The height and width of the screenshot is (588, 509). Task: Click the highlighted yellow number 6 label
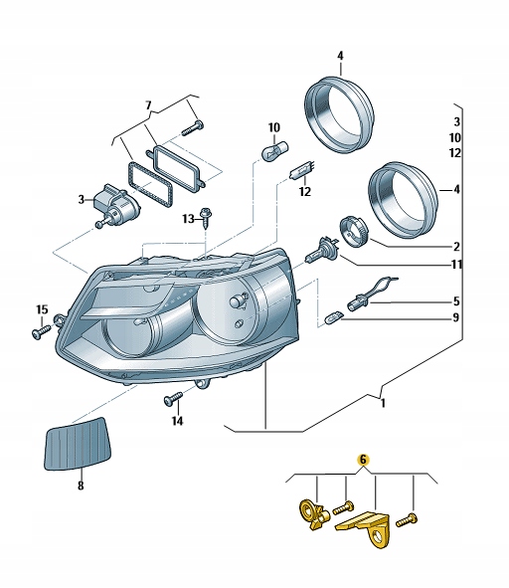pyautogui.click(x=363, y=460)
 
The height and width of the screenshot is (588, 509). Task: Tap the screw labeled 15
pyautogui.click(x=40, y=332)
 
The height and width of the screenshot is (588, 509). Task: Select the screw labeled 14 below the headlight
pyautogui.click(x=172, y=399)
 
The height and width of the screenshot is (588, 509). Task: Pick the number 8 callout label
pyautogui.click(x=82, y=488)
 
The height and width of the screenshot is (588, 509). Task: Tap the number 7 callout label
pyautogui.click(x=148, y=104)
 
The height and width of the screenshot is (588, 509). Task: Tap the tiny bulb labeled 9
pyautogui.click(x=335, y=316)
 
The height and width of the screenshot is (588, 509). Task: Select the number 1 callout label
pyautogui.click(x=382, y=404)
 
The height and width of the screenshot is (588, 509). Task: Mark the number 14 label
pyautogui.click(x=177, y=421)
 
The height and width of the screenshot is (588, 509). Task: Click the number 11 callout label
pyautogui.click(x=456, y=265)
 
